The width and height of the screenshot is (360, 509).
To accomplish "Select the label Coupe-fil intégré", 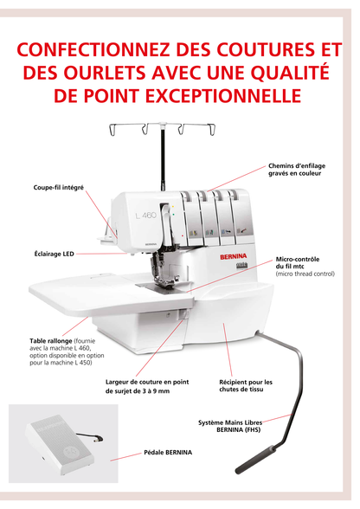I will pyautogui.click(x=53, y=187).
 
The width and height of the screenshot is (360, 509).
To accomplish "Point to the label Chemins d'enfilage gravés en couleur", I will pyautogui.click(x=296, y=170).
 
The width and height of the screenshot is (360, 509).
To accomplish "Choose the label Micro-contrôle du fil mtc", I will pyautogui.click(x=299, y=262).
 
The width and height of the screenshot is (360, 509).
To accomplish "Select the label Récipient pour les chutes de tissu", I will pyautogui.click(x=246, y=385).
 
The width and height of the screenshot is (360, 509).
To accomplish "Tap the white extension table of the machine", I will pyautogui.click(x=78, y=298).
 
